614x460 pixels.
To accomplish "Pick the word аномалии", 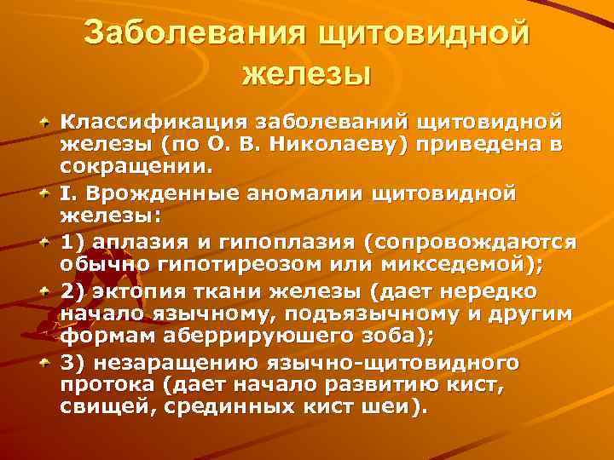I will [307, 193].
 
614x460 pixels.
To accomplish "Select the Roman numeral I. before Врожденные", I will [66, 193].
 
